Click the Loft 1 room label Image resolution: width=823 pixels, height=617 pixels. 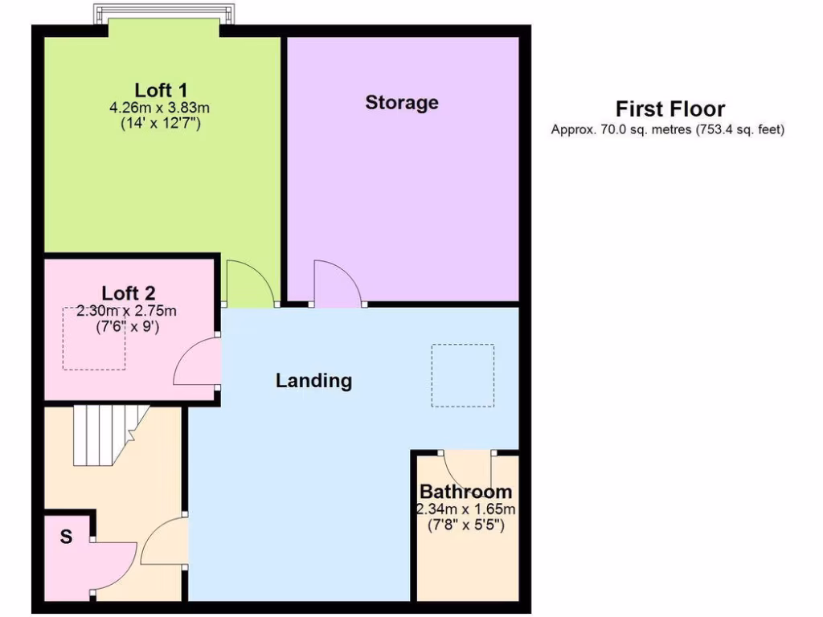[x=161, y=89]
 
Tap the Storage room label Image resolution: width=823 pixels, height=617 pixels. [x=402, y=103]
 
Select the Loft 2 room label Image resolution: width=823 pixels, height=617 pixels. [x=129, y=293]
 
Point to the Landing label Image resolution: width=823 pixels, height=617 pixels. [x=313, y=380]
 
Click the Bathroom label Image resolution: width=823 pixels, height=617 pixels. [x=465, y=492]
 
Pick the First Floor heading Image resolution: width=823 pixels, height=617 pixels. [x=670, y=109]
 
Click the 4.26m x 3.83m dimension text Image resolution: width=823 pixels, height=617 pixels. [x=165, y=107]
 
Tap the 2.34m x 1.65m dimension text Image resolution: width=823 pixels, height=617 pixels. [x=465, y=509]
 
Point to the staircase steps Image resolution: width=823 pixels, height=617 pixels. [x=104, y=435]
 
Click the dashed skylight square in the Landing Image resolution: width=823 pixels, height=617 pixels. [x=462, y=375]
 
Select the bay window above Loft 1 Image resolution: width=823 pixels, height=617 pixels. [x=165, y=14]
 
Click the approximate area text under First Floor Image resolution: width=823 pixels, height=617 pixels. [x=667, y=129]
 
